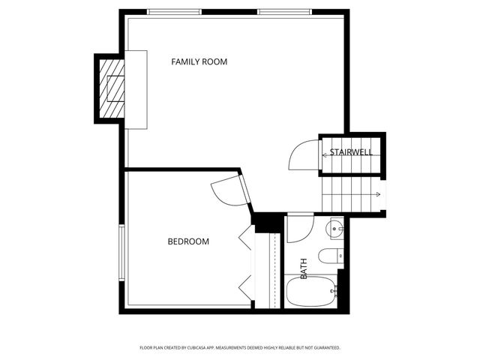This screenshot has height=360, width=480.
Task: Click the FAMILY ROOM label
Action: (x=199, y=61)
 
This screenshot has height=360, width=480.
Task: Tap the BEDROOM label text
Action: (x=187, y=241)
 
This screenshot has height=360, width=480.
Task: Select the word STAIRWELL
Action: (x=351, y=153)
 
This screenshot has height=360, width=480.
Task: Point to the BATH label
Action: (x=304, y=268)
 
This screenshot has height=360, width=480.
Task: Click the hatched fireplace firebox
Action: (x=111, y=88)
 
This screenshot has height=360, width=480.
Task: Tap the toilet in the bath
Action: (x=330, y=256)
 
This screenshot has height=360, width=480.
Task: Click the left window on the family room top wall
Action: (x=174, y=12)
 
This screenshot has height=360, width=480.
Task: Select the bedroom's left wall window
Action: (x=121, y=253)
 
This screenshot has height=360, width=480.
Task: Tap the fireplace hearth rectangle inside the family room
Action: (x=136, y=88)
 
